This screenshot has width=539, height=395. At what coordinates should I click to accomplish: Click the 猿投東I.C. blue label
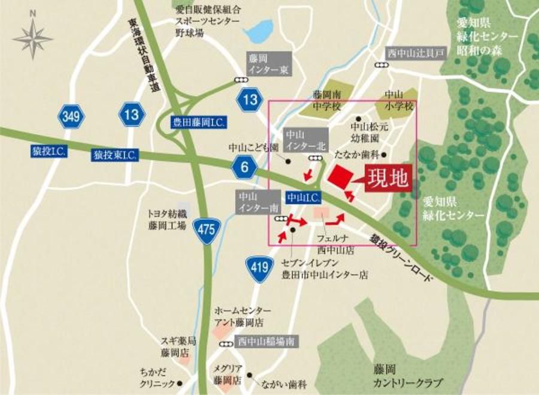(115, 155)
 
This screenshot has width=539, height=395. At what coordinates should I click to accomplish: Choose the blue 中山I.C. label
(304, 196)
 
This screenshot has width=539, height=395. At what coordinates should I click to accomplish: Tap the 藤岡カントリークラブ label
(413, 375)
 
